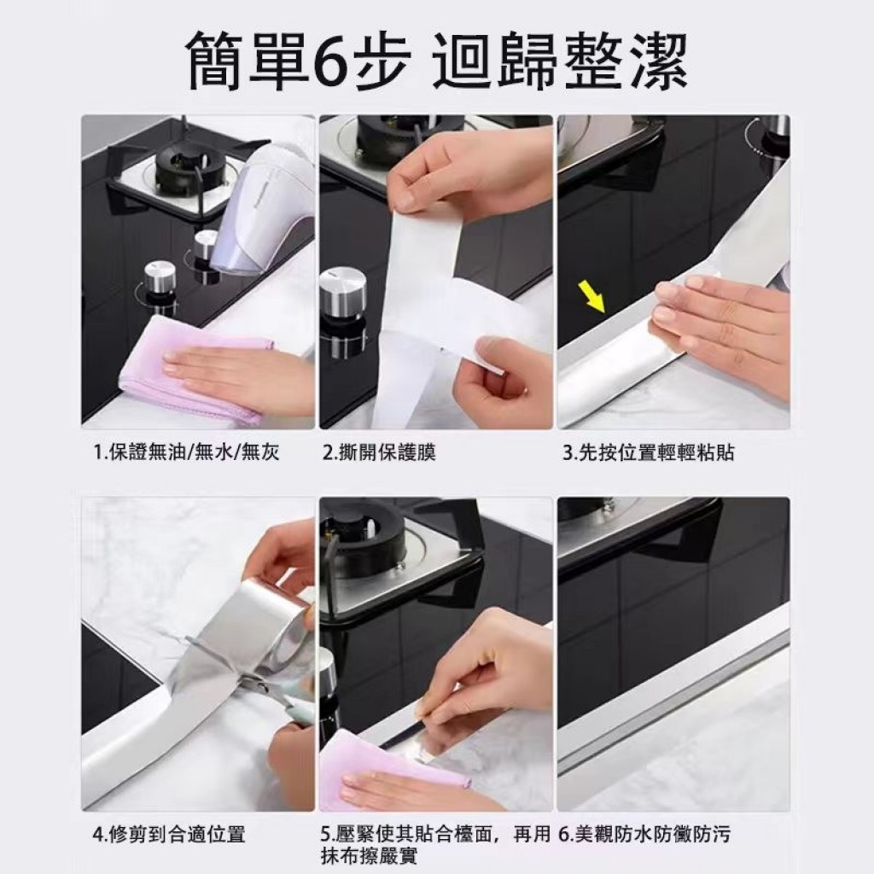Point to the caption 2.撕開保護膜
click(x=379, y=452)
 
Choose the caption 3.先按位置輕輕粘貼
click(x=649, y=452)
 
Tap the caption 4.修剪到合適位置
click(x=170, y=835)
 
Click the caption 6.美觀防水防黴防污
click(x=644, y=835)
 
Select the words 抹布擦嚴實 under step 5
click(x=369, y=855)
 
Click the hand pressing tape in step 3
click(x=719, y=321)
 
